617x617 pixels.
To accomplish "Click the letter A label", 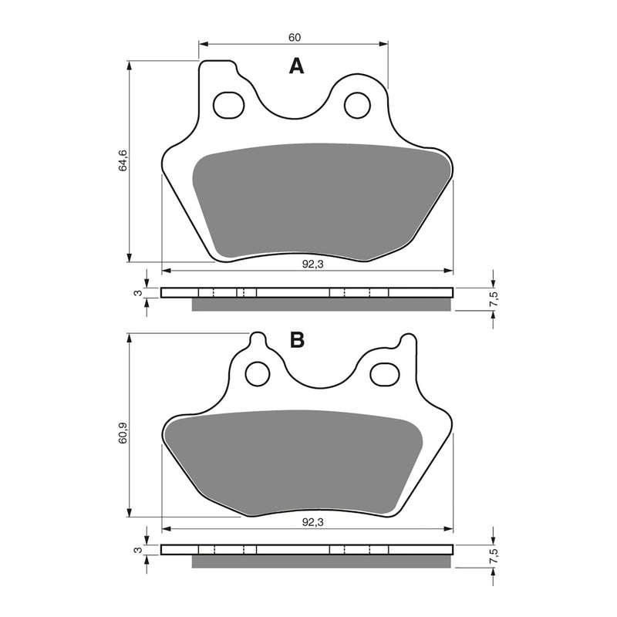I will point(296,67).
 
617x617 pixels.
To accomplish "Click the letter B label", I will point(298,340).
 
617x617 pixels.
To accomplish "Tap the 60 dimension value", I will point(294,37).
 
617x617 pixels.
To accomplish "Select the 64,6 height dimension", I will point(122,161).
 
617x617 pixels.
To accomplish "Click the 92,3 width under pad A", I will point(311,263).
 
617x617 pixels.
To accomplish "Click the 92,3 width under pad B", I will point(311,521).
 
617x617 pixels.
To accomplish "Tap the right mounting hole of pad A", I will point(356,106).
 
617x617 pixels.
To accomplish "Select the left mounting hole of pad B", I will point(257,374).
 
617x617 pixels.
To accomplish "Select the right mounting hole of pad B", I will point(383,374).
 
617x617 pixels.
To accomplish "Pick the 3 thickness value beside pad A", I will point(137,293).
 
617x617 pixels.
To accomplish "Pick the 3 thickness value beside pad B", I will point(137,551).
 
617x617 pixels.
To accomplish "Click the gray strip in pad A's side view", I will point(320,305).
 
